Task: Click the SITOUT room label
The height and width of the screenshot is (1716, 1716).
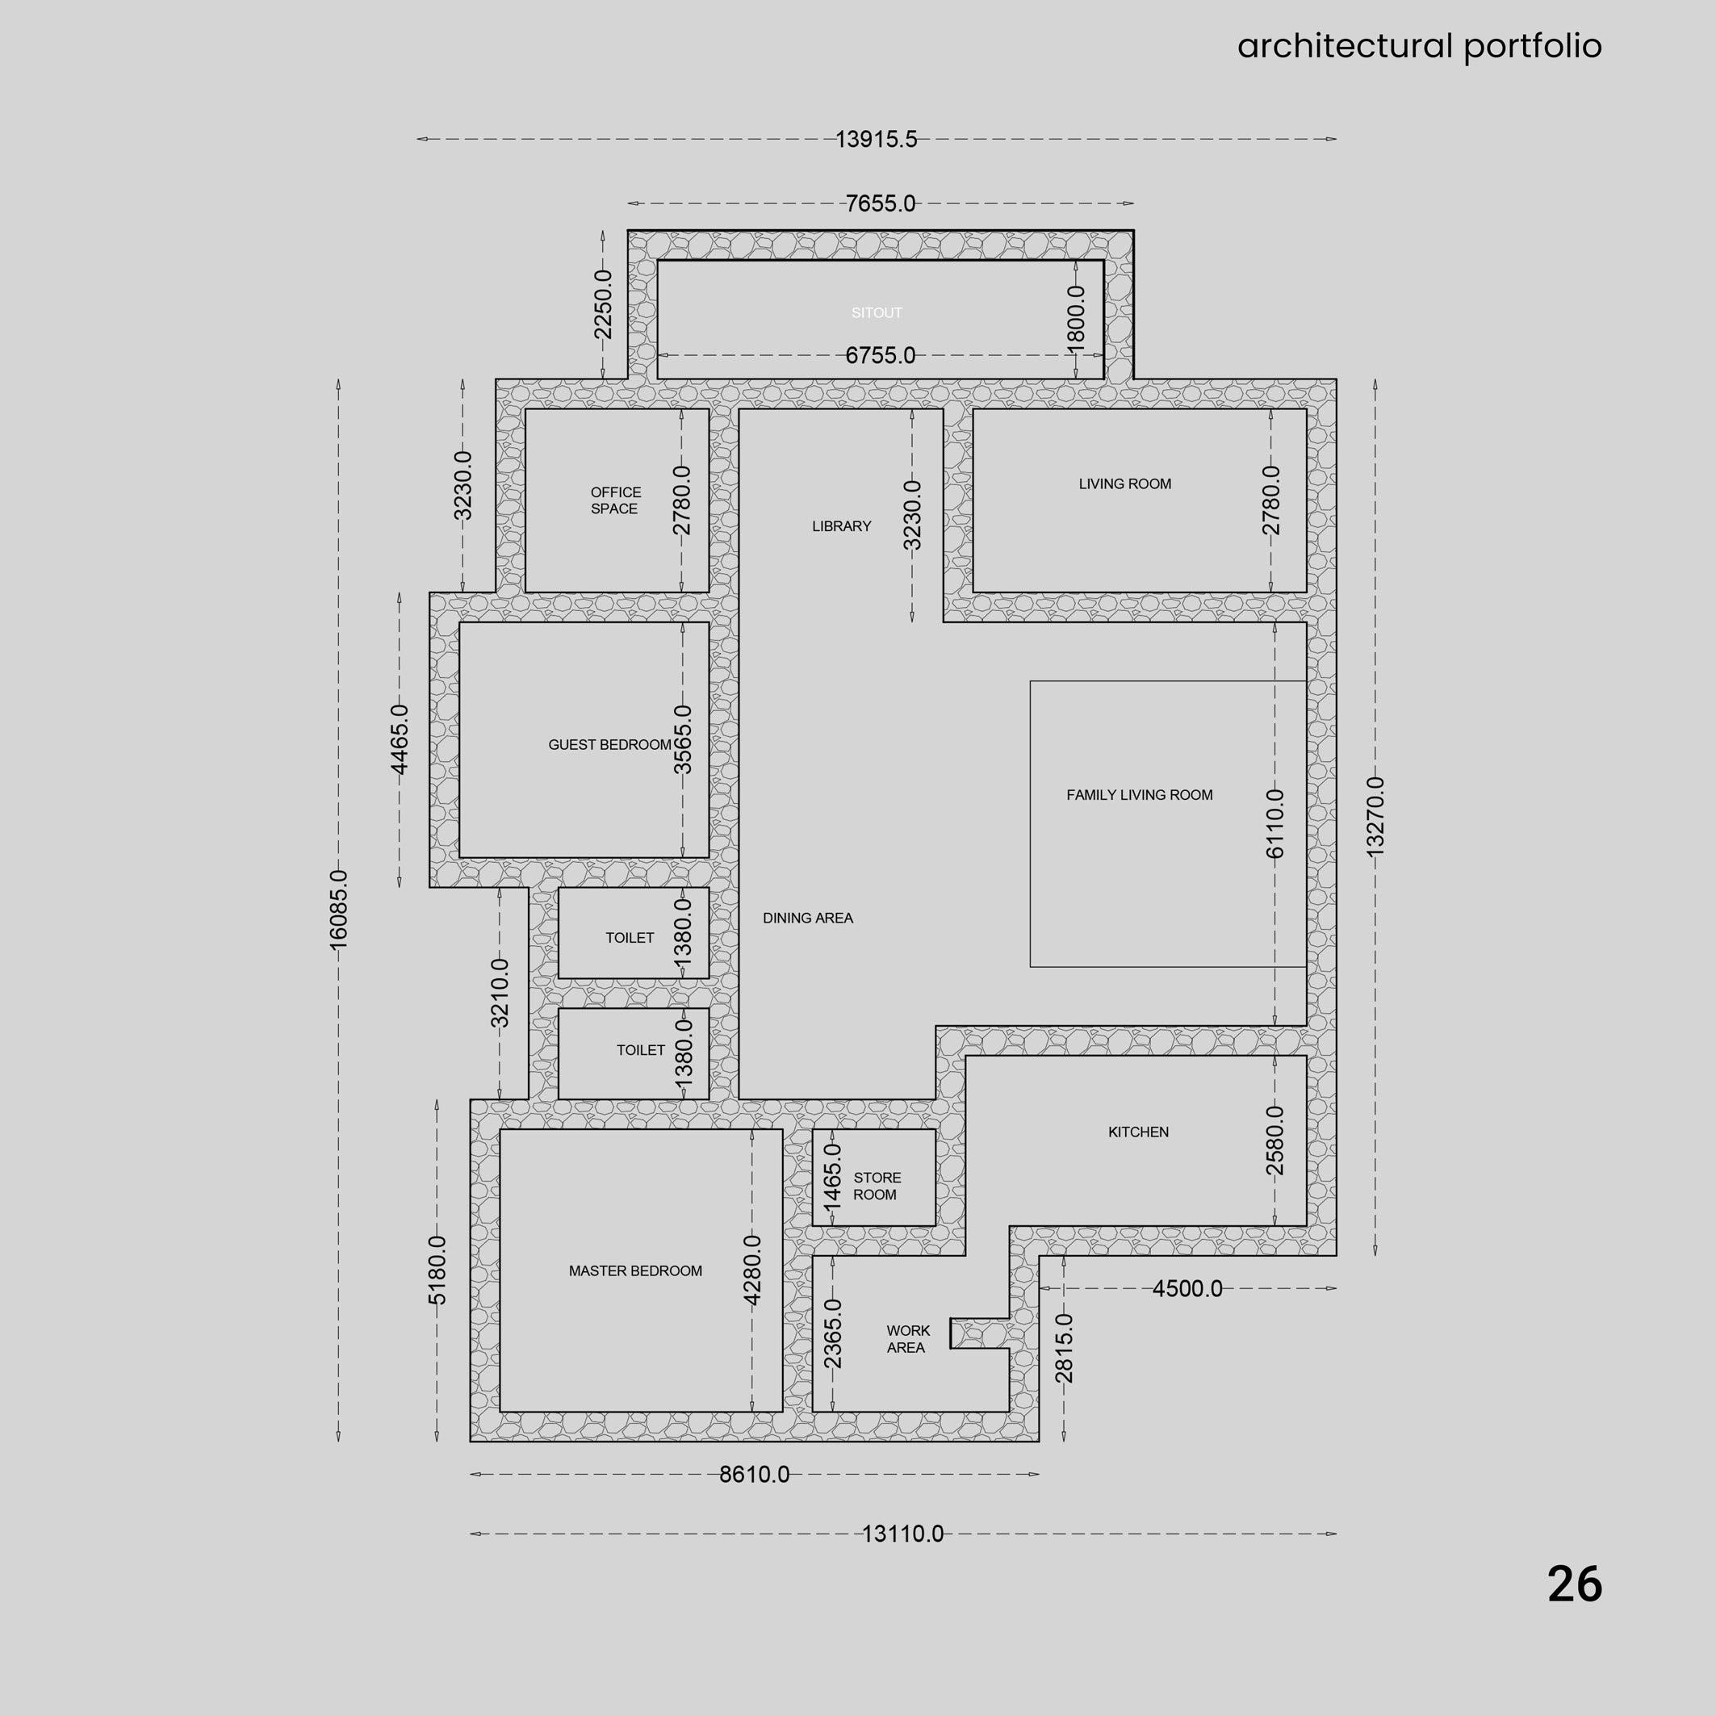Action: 877,312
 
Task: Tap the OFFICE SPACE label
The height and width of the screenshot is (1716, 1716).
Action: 616,500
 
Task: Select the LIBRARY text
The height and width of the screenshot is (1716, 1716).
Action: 841,525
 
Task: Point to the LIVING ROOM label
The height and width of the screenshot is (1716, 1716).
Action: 1124,484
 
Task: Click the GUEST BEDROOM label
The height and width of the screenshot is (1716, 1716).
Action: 609,744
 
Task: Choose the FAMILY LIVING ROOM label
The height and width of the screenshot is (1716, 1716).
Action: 1140,795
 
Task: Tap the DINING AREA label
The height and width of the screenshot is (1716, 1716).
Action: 807,918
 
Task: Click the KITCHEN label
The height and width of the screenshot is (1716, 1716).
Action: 1138,1132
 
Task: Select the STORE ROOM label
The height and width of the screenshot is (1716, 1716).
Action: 877,1186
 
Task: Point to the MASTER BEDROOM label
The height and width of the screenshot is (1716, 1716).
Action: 635,1271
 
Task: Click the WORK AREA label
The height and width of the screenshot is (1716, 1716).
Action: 908,1338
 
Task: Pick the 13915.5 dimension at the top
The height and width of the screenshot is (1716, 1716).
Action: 876,140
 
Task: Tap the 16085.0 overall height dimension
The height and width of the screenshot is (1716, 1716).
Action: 338,910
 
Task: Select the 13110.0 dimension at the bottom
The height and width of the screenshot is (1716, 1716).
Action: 902,1534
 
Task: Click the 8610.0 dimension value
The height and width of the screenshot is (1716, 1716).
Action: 754,1475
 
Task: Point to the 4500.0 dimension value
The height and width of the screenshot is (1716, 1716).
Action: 1187,1289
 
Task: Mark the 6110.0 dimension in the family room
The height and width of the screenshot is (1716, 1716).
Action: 1274,823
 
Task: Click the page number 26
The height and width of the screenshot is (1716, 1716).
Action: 1575,1584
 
